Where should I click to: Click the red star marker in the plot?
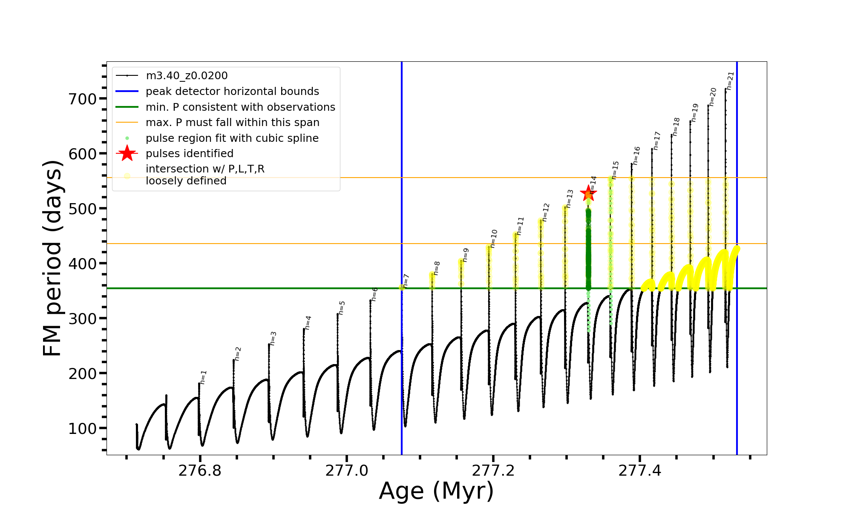point(588,194)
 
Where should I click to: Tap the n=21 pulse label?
point(730,81)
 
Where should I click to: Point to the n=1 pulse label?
point(203,377)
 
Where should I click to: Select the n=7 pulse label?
point(406,281)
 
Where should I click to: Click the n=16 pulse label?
point(636,156)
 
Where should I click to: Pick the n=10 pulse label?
point(493,238)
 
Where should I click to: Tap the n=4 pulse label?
point(308,323)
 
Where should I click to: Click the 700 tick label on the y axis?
point(83,99)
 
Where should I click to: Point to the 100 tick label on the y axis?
point(83,428)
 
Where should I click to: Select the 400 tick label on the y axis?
point(83,264)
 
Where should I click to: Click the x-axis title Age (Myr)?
point(436,491)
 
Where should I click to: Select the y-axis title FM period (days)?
point(53,258)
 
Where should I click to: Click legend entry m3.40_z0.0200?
point(187,76)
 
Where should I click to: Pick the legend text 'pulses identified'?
point(190,153)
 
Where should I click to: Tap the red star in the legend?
point(127,153)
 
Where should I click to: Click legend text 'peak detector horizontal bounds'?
point(232,92)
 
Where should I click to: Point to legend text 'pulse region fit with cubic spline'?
point(232,138)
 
